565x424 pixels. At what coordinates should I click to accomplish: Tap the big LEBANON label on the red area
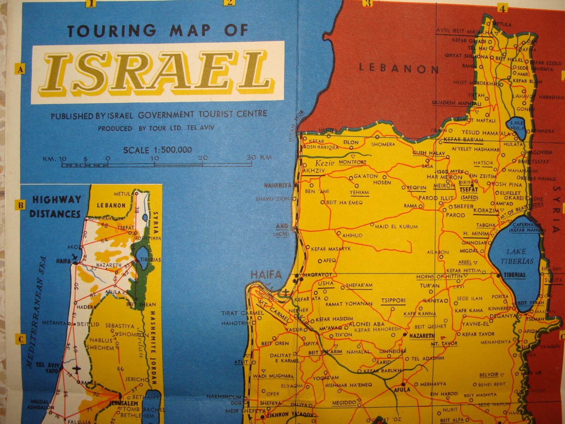(399, 68)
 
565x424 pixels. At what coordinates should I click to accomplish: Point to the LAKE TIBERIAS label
(517, 257)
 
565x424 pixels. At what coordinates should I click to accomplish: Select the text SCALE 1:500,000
(157, 150)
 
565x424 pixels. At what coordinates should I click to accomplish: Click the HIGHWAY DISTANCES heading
(55, 207)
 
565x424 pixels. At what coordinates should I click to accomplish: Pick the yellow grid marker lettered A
(20, 69)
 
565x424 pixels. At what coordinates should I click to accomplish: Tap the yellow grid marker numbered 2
(230, 3)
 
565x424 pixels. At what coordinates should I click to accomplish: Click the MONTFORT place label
(352, 162)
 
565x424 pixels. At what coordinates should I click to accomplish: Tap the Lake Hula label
(517, 126)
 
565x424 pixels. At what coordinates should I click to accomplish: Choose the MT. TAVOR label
(444, 343)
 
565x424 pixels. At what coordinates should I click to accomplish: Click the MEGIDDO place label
(344, 403)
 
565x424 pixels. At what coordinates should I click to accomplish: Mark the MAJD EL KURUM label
(396, 226)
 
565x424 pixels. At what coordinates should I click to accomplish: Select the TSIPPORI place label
(393, 301)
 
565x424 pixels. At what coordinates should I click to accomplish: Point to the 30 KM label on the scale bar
(259, 157)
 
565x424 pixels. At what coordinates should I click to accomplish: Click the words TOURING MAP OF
(157, 31)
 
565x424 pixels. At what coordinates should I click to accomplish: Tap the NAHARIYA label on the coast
(278, 185)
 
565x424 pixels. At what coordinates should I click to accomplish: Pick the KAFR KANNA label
(420, 314)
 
